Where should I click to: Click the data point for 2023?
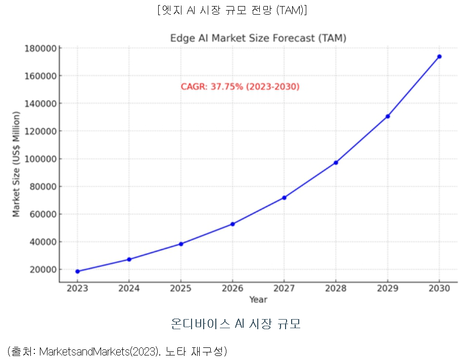77,271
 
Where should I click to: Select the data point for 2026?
232,224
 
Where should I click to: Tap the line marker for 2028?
336,163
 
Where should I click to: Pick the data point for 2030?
439,57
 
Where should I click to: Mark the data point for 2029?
388,116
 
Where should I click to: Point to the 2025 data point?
181,244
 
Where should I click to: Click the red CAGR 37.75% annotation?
240,87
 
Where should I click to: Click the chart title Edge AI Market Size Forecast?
258,38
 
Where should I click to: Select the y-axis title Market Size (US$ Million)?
16,165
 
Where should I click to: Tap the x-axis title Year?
258,299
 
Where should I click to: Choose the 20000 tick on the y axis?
42,269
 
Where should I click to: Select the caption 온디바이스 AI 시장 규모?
236,324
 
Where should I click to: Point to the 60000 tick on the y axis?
42,214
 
